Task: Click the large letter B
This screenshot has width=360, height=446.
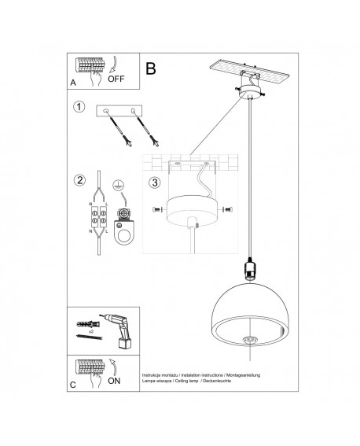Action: pyautogui.click(x=151, y=68)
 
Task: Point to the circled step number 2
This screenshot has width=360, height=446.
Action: pyautogui.click(x=79, y=180)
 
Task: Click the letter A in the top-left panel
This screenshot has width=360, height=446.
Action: pyautogui.click(x=73, y=80)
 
